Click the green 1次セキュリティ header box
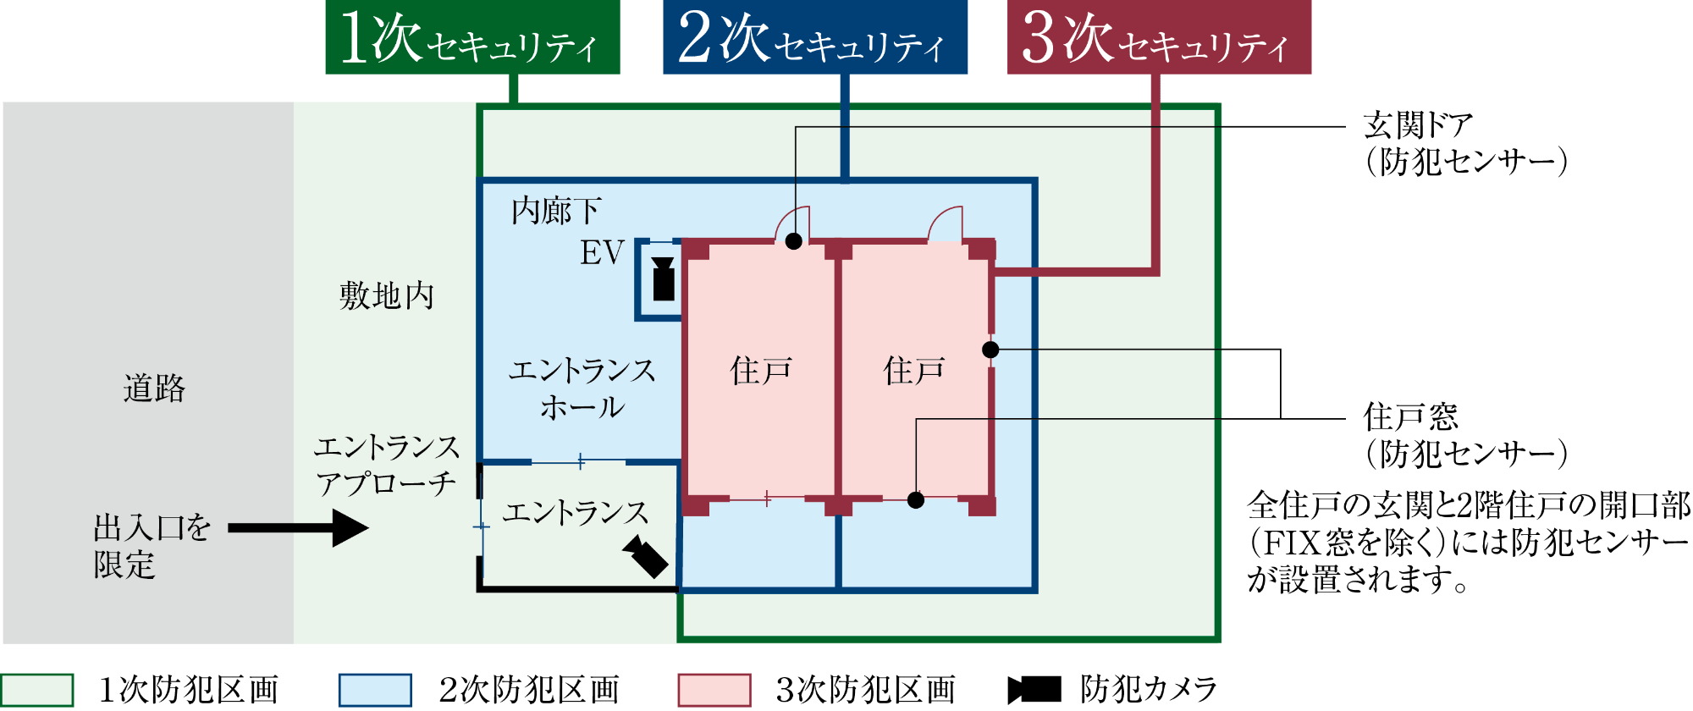click(x=472, y=37)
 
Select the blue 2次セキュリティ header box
click(x=814, y=37)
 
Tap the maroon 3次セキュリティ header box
click(x=1158, y=37)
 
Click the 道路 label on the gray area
click(x=153, y=389)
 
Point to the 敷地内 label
click(x=386, y=296)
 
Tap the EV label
click(x=602, y=253)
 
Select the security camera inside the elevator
click(x=664, y=279)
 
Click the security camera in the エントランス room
click(x=646, y=556)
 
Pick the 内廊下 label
click(x=556, y=211)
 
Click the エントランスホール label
click(x=582, y=389)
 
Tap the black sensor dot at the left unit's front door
click(x=794, y=241)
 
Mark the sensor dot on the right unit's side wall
click(x=990, y=350)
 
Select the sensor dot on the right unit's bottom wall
click(x=916, y=500)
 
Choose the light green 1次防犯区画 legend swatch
click(x=37, y=690)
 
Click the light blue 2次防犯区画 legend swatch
click(x=375, y=690)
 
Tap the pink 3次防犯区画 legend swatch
click(x=714, y=690)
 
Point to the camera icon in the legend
click(x=1034, y=690)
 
